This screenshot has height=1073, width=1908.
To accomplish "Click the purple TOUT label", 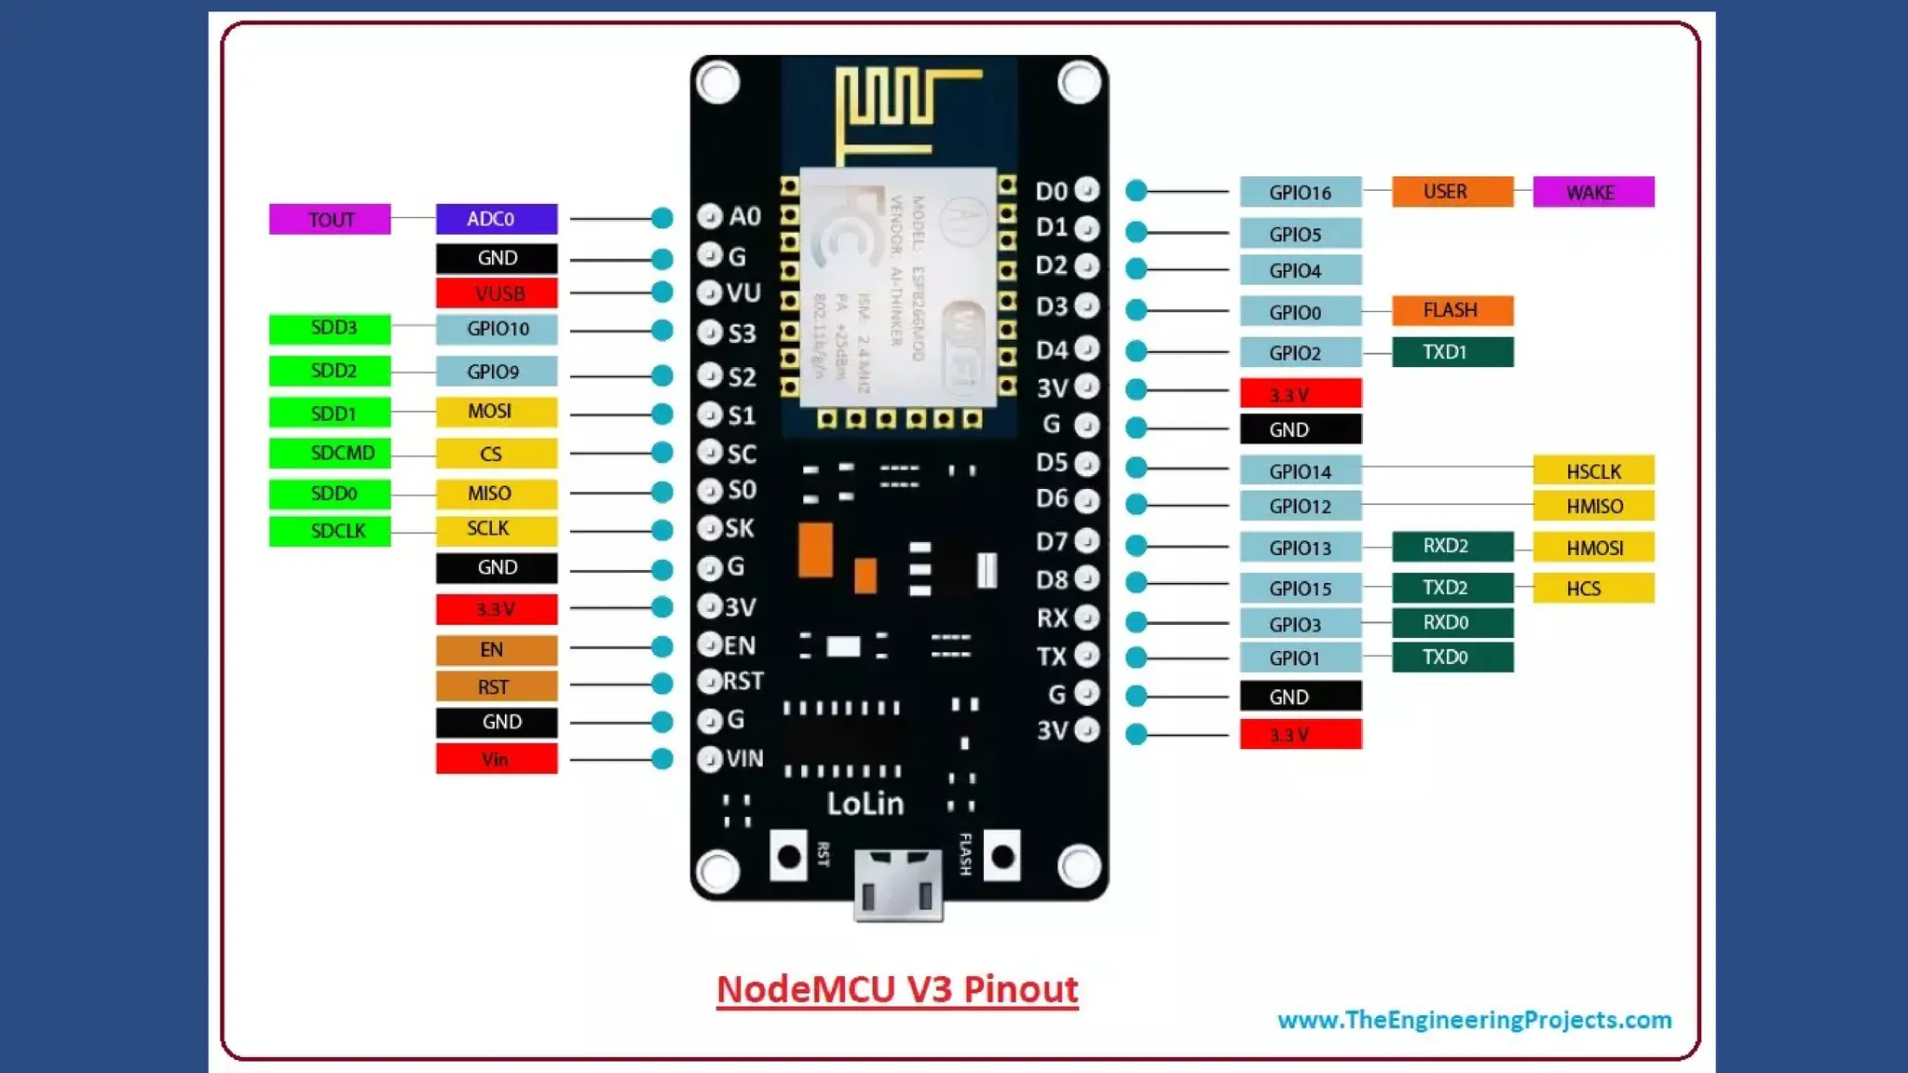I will point(330,220).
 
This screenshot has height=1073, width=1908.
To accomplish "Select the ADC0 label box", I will point(496,219).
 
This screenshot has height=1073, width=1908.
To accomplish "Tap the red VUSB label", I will point(496,293).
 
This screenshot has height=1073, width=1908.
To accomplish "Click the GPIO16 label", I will point(1300,192).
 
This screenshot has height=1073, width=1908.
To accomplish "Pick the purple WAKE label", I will point(1592,192).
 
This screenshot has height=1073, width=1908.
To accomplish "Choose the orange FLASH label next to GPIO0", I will point(1451,310).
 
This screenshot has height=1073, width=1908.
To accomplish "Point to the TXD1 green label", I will point(1451,352).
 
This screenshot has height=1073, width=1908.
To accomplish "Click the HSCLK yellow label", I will point(1592,471).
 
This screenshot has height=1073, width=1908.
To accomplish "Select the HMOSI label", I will point(1592,548).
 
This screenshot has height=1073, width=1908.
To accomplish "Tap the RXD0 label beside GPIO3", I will point(1451,623).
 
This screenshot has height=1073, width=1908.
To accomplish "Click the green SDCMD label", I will point(330,454).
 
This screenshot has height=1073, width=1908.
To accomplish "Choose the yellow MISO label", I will point(496,493).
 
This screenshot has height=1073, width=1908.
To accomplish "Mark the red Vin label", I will point(496,759).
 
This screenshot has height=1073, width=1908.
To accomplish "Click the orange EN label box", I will point(496,649).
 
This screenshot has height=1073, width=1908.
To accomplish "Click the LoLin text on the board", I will point(865,803).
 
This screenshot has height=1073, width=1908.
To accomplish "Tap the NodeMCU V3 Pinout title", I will point(896,989).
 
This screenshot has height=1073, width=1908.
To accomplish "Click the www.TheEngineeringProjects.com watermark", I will point(1474,1020).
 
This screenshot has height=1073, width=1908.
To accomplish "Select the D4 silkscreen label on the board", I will point(1052,350).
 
